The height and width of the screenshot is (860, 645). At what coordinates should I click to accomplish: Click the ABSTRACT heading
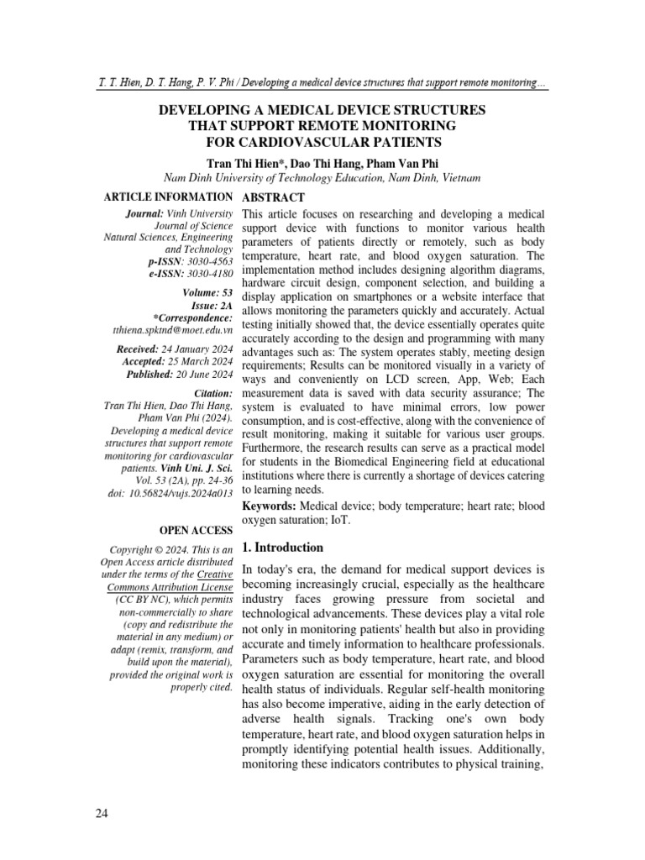tap(272, 197)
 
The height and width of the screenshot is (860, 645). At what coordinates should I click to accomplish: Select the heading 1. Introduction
tap(282, 547)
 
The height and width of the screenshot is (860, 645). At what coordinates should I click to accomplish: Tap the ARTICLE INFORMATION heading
tap(167, 197)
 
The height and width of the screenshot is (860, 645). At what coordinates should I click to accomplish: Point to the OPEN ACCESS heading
tap(195, 531)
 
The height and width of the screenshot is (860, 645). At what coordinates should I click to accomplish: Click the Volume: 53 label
tap(207, 293)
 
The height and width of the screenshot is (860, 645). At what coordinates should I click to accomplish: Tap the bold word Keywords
tap(269, 507)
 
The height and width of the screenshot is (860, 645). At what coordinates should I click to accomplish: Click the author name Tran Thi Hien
tap(241, 162)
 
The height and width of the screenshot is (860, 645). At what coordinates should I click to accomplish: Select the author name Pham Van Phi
tap(398, 162)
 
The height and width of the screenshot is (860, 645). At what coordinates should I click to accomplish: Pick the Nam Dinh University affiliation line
tap(322, 178)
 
